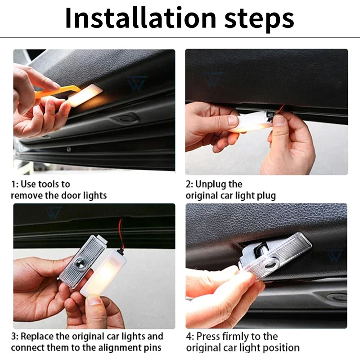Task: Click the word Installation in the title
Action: coord(140,18)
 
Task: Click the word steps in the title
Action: coord(259,20)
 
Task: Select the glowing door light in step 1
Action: coord(85,95)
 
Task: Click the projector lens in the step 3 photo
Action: coord(80,262)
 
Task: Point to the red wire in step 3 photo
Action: coord(121,234)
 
